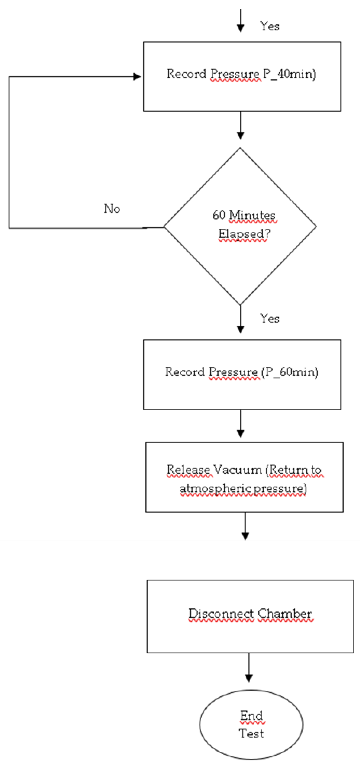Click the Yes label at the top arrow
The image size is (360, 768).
(x=269, y=26)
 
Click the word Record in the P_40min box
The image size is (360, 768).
(x=186, y=74)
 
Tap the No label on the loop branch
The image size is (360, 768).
(x=112, y=208)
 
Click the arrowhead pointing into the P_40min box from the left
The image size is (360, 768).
(x=137, y=77)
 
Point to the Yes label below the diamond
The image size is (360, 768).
(x=269, y=319)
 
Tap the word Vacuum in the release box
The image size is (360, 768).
(x=238, y=469)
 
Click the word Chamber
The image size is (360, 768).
(x=285, y=613)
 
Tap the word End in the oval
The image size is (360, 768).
(x=251, y=715)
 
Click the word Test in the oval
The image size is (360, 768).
(x=251, y=734)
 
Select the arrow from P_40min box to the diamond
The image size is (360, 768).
(x=240, y=125)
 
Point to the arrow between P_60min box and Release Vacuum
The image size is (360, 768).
(x=240, y=423)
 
